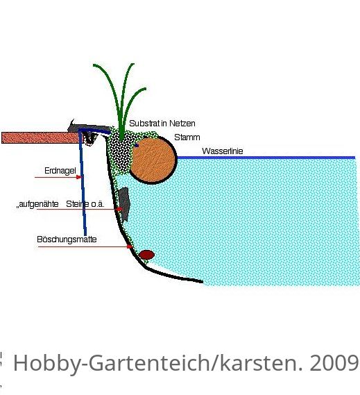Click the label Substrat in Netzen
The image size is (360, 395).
click(162, 124)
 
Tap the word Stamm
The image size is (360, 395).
click(187, 137)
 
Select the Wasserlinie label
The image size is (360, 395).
click(222, 151)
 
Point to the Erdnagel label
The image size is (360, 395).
click(60, 171)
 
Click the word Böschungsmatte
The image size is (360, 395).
click(67, 239)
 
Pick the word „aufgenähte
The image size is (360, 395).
click(37, 204)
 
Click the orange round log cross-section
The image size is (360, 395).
click(153, 160)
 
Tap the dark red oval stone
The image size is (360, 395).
click(146, 255)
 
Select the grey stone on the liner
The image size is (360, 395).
click(124, 203)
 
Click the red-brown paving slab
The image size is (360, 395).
click(40, 137)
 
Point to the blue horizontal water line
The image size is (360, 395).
click(266, 158)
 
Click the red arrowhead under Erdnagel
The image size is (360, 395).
click(79, 177)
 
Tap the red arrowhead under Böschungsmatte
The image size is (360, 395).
click(130, 246)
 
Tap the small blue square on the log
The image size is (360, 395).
click(137, 145)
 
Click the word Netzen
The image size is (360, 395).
click(182, 124)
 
